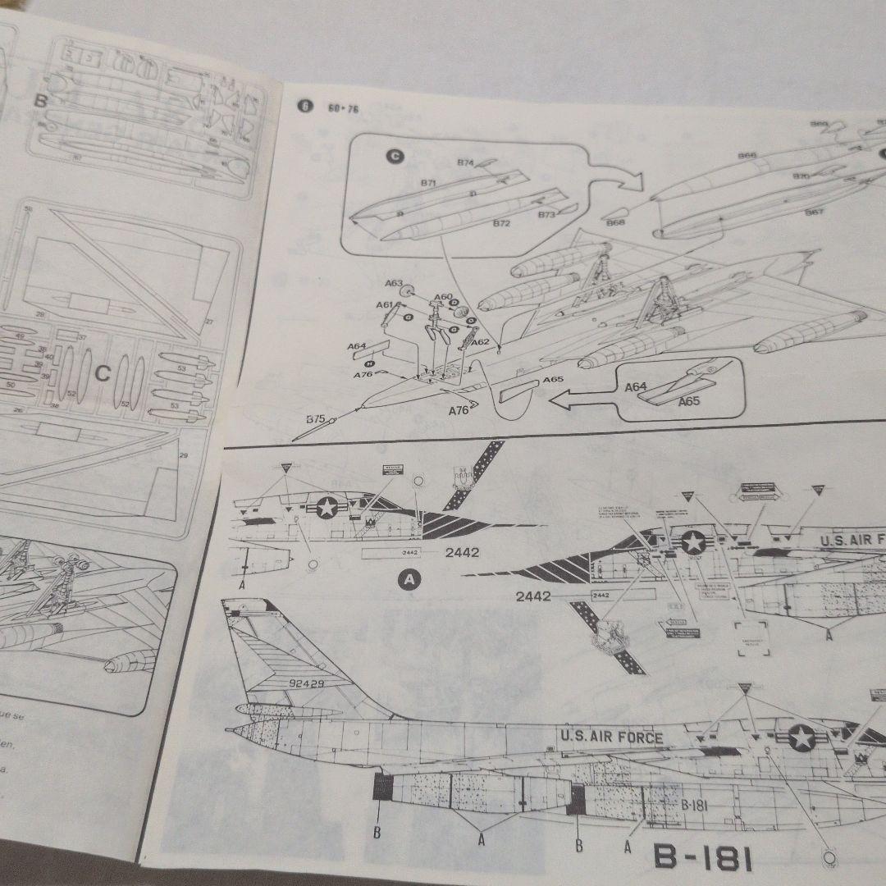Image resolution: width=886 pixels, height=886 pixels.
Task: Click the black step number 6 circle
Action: click(x=305, y=107)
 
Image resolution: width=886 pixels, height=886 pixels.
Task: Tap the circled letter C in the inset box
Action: click(x=395, y=157)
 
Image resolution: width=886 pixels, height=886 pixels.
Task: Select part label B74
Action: click(x=465, y=162)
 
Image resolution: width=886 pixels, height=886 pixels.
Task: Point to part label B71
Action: click(x=428, y=184)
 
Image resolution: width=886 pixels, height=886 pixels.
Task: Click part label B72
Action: click(x=501, y=222)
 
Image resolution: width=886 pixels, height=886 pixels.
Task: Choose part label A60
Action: click(x=443, y=297)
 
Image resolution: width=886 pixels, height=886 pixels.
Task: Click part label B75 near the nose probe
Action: click(x=316, y=419)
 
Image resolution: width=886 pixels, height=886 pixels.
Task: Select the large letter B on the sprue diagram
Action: click(x=41, y=101)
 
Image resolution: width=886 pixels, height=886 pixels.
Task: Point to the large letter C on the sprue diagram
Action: click(x=102, y=374)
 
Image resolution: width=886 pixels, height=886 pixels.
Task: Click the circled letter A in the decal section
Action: click(x=409, y=581)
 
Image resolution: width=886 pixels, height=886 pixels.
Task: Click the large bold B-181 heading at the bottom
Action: click(x=702, y=857)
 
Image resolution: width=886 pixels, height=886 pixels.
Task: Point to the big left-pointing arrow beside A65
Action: click(x=582, y=400)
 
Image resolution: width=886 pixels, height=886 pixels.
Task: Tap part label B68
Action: click(x=615, y=222)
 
